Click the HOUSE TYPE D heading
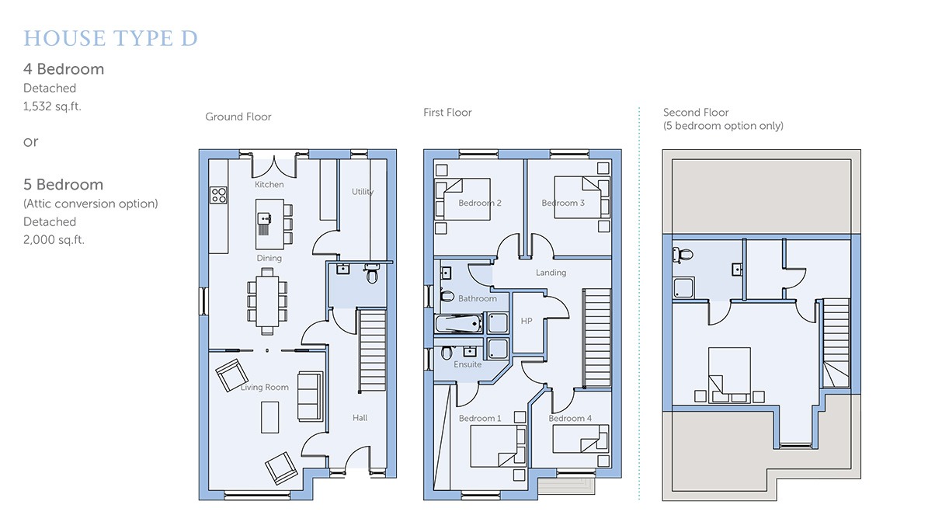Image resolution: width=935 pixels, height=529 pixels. click(x=110, y=38)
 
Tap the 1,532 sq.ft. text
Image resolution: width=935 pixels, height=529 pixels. click(x=52, y=106)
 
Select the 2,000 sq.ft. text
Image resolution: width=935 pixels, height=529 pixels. click(x=54, y=240)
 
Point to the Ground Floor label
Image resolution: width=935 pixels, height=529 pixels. click(x=238, y=117)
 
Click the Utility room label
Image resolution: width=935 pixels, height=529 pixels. click(x=363, y=192)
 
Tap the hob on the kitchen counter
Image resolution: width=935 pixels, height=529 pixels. click(x=218, y=195)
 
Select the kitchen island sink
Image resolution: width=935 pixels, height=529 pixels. click(x=264, y=219)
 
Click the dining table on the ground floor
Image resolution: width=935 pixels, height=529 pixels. click(x=267, y=301)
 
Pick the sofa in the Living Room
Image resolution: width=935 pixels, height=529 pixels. click(x=310, y=396)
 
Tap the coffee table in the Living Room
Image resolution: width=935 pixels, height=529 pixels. click(x=269, y=417)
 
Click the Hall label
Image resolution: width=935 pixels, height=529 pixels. click(x=360, y=418)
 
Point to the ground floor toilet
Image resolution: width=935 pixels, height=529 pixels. click(x=371, y=273)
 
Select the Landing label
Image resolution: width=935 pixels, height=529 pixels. click(x=551, y=273)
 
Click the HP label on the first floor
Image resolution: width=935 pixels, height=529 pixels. click(x=527, y=321)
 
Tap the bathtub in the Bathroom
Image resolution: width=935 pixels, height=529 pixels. click(x=458, y=324)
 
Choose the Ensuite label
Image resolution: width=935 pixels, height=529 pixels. click(x=467, y=364)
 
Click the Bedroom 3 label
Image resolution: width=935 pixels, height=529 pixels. click(x=563, y=203)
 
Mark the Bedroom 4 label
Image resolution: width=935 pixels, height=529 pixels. click(x=570, y=419)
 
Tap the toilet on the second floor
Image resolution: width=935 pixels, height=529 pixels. click(x=683, y=254)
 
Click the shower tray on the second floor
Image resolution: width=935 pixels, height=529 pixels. click(x=683, y=287)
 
